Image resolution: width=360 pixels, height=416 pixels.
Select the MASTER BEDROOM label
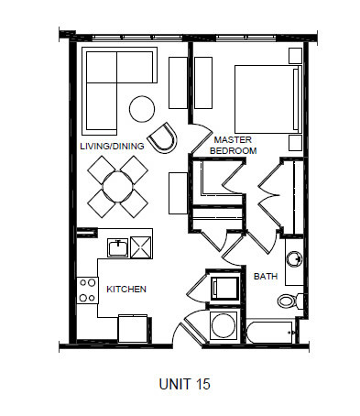[x=233, y=144]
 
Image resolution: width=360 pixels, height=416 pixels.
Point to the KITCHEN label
[x=126, y=289]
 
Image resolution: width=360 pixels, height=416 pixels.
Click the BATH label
[x=266, y=275]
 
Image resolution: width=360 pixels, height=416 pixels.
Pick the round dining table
[x=119, y=187]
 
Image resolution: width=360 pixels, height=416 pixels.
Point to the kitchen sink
[x=118, y=246]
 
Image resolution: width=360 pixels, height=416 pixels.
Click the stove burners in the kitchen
[x=87, y=290]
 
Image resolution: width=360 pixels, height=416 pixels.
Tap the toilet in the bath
[x=288, y=299]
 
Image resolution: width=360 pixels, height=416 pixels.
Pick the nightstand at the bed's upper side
[x=295, y=55]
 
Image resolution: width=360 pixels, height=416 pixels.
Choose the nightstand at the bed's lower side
[x=295, y=142]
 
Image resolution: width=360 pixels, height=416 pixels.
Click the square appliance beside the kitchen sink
[x=143, y=246]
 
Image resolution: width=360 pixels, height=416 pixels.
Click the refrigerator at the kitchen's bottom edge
[x=134, y=327]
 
